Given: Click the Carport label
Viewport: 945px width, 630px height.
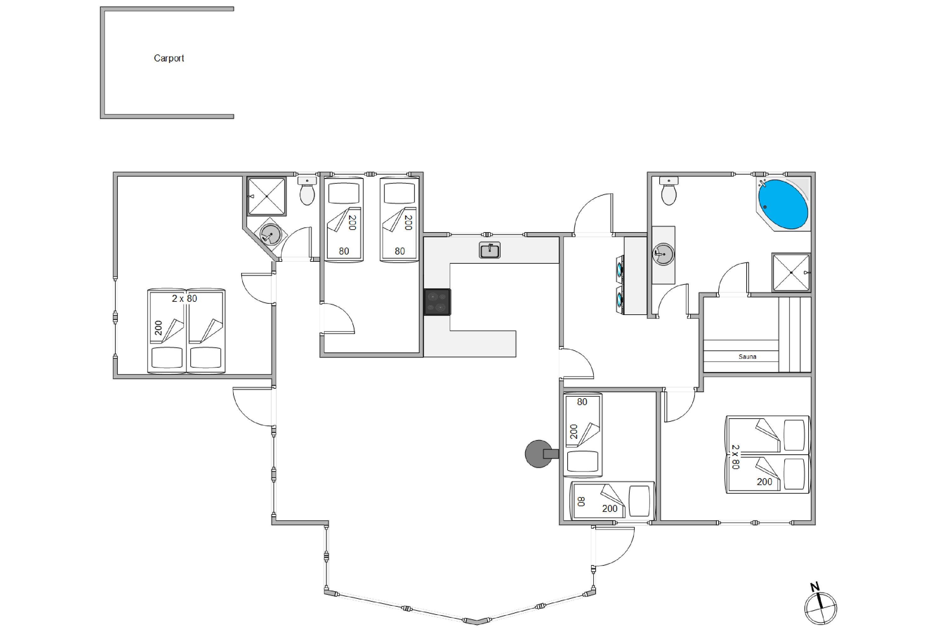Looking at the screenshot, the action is click(169, 58).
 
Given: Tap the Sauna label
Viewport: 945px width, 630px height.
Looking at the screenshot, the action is click(747, 356).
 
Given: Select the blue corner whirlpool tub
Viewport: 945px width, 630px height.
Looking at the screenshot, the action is click(783, 204).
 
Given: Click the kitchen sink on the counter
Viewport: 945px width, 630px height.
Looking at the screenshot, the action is click(490, 250).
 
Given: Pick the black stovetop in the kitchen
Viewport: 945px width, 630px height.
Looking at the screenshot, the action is click(438, 302).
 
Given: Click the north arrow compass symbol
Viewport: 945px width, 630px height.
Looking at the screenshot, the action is click(821, 607).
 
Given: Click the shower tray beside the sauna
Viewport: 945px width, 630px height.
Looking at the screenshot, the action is click(791, 272).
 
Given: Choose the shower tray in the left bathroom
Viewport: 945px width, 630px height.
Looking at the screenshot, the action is click(267, 196).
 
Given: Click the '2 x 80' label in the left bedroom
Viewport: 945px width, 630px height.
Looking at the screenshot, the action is click(184, 299).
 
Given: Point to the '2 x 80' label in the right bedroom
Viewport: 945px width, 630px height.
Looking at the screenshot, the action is click(735, 457).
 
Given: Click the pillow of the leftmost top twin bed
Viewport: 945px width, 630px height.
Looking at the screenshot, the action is click(344, 194).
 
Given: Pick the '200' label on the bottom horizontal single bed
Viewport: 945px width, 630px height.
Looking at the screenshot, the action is click(610, 509).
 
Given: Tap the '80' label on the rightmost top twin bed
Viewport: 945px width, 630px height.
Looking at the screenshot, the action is click(400, 251).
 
